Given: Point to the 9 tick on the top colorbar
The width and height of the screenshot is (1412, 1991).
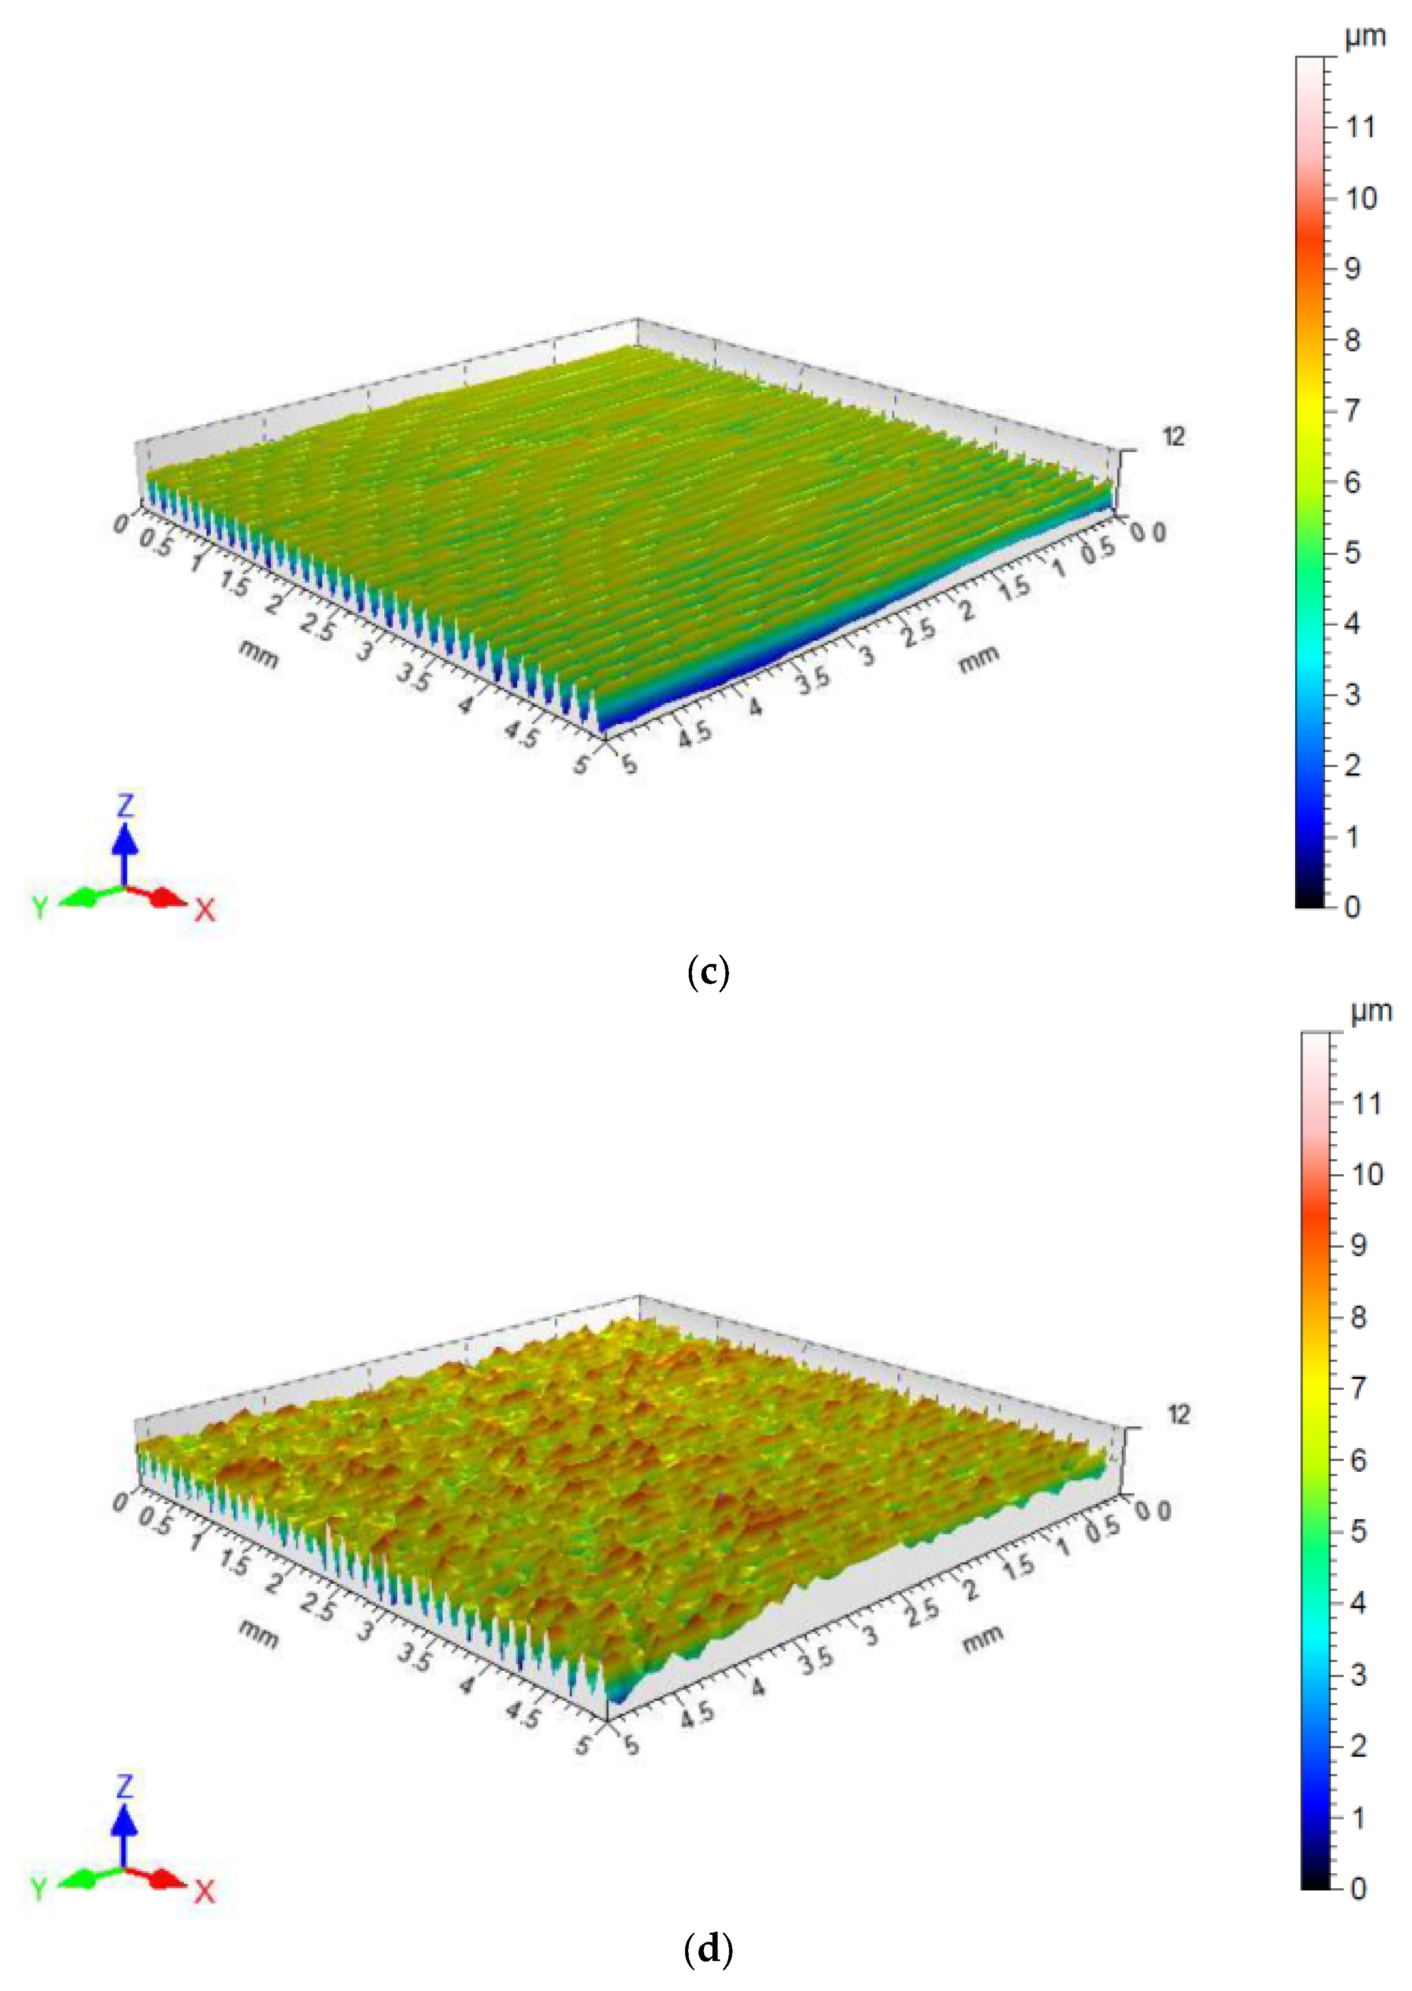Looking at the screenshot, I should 1353,269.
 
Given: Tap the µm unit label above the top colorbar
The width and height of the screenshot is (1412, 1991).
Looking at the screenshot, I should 1364,37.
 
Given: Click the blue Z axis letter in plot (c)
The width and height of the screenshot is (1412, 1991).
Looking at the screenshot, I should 125,804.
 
